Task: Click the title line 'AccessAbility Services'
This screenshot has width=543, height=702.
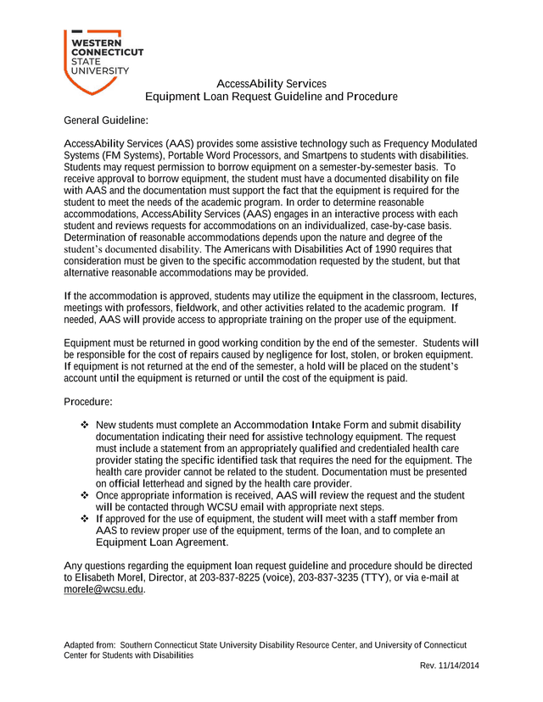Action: (x=271, y=84)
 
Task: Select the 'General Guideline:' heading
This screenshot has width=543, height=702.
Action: (x=106, y=120)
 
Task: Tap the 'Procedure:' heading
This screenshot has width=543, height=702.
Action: (x=88, y=401)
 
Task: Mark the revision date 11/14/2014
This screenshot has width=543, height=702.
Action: (x=459, y=666)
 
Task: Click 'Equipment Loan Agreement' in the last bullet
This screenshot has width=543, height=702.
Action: (x=160, y=542)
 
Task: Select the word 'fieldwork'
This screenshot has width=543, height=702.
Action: (x=196, y=308)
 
